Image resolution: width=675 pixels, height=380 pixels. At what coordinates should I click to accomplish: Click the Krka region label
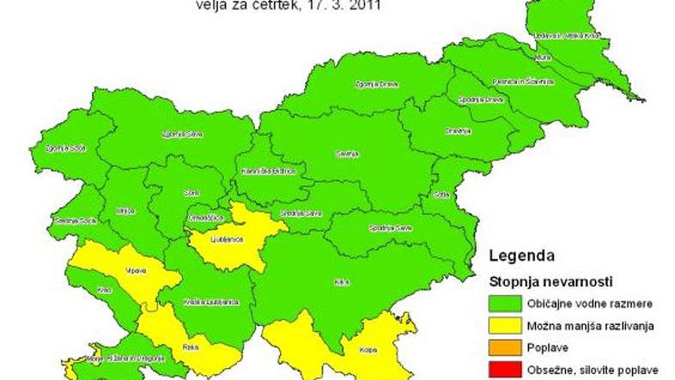343,281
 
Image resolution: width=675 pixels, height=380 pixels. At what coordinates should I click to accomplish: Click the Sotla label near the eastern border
443,193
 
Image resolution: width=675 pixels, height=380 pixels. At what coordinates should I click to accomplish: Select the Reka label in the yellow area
191,347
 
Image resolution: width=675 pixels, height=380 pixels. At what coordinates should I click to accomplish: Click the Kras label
105,290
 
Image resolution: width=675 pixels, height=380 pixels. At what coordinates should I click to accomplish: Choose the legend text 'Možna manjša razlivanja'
587,325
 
